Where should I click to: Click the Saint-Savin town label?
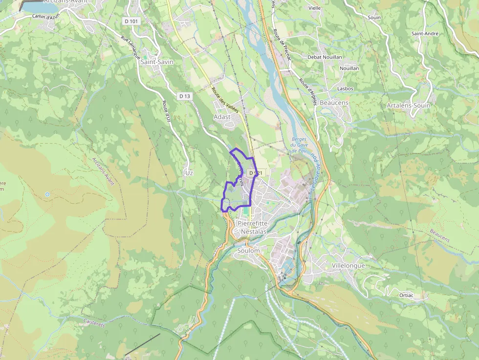click(x=157, y=62)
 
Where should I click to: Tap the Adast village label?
click(x=222, y=117)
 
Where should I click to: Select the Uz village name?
click(x=189, y=173)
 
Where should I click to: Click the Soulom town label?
click(x=248, y=251)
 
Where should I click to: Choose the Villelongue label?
click(x=348, y=265)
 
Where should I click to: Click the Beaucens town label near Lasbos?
click(x=334, y=103)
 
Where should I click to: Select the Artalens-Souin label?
click(x=408, y=106)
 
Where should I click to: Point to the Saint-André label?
click(x=425, y=34)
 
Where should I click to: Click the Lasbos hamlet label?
click(x=345, y=89)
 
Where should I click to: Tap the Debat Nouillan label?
click(x=325, y=57)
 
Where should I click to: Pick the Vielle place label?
click(x=315, y=8)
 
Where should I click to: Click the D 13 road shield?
click(x=184, y=96)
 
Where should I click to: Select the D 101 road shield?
click(x=131, y=21)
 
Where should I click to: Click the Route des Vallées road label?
click(x=225, y=100)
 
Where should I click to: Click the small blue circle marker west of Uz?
click(x=47, y=194)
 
